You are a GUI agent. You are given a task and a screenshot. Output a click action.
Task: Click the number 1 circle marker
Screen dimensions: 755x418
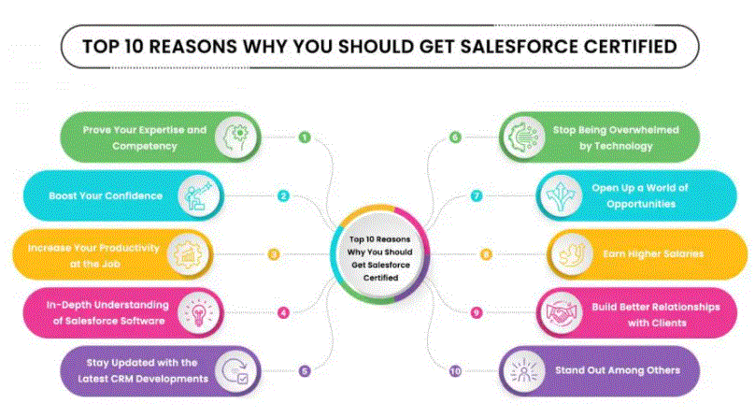point(305,137)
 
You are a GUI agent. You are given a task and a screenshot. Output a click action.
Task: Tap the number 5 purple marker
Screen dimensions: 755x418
point(305,371)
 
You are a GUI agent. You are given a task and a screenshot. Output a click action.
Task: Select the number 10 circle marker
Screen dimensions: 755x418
point(455,371)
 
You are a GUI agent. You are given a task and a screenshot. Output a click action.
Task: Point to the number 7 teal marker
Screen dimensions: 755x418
point(477,195)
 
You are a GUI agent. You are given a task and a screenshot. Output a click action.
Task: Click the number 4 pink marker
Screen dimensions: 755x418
point(284,313)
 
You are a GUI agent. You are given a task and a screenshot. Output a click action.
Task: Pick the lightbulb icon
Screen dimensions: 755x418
point(198,313)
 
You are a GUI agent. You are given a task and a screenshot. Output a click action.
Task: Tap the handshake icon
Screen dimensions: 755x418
point(561,313)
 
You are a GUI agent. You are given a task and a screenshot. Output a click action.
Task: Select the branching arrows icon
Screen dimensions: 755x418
point(561,195)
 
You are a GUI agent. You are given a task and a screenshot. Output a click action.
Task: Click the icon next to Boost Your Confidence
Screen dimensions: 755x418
point(198,195)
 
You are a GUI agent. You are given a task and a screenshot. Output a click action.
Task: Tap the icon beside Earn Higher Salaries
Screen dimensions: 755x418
point(572,254)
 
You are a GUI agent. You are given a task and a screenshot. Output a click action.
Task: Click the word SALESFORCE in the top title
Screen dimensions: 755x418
point(520,47)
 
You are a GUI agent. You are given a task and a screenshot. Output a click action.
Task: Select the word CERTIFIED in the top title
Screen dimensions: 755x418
point(631,47)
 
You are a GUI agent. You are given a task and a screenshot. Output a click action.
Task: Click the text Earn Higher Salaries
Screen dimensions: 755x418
point(653,254)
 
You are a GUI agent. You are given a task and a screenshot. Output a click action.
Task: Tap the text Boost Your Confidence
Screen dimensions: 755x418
point(106,195)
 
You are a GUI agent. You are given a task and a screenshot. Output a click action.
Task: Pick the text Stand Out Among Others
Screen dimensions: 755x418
point(618,370)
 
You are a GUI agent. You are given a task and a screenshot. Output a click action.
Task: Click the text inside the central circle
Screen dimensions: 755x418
point(380,258)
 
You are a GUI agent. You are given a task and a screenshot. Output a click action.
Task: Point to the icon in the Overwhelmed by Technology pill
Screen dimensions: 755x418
point(524,137)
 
